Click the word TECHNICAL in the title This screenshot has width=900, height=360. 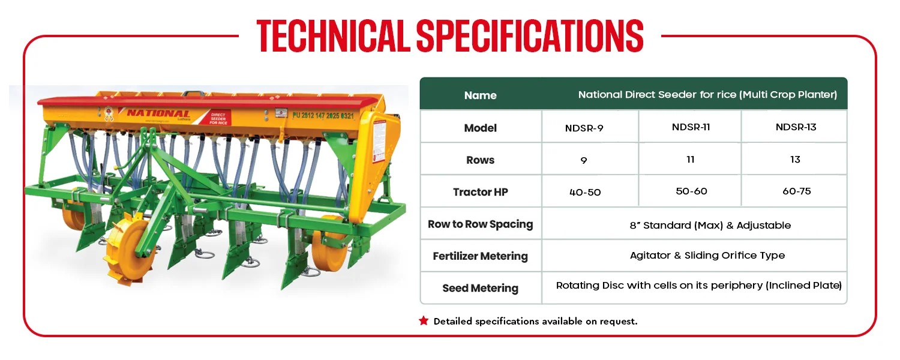pyautogui.click(x=333, y=36)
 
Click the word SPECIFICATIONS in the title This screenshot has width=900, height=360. pyautogui.click(x=530, y=36)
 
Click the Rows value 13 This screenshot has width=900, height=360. pyautogui.click(x=795, y=160)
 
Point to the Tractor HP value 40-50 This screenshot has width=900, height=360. pyautogui.click(x=585, y=193)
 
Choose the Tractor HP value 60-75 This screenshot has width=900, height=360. pyautogui.click(x=797, y=191)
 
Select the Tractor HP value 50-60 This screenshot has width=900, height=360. pyautogui.click(x=691, y=191)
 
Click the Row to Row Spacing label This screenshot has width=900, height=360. pyautogui.click(x=481, y=224)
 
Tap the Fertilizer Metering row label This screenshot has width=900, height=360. pyautogui.click(x=481, y=256)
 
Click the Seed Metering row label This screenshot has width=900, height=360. pyautogui.click(x=481, y=288)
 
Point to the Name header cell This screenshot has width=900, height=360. pyautogui.click(x=481, y=95)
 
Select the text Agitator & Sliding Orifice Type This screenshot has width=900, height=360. pyautogui.click(x=707, y=256)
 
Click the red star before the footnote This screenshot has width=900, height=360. pyautogui.click(x=424, y=320)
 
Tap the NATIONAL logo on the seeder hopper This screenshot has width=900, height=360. pyautogui.click(x=158, y=114)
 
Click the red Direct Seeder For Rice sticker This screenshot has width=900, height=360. pyautogui.click(x=218, y=118)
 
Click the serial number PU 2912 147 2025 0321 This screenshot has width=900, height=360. pyautogui.click(x=323, y=116)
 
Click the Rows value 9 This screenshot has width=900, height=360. pyautogui.click(x=584, y=161)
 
